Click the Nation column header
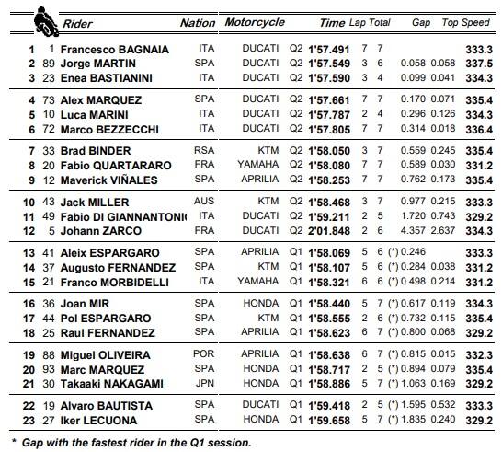(x=197, y=22)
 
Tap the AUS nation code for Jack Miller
(x=204, y=202)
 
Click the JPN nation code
(x=204, y=383)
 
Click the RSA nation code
(x=204, y=151)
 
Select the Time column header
(x=333, y=21)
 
